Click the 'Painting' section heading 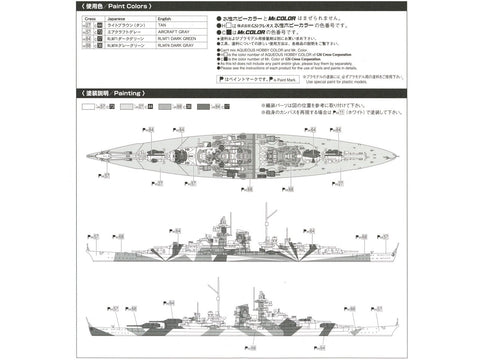point(100,92)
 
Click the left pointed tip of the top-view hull point(87,156)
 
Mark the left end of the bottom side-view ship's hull point(89,322)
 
